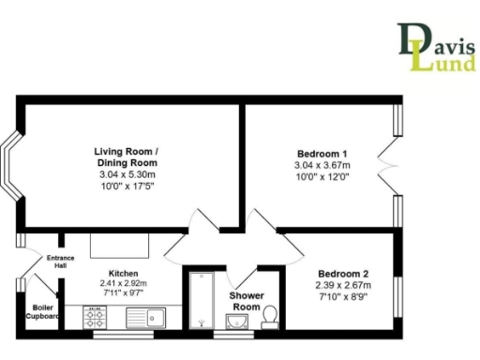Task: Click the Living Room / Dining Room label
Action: pos(130,157)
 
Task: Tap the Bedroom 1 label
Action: pos(322,154)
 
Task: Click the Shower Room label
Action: pos(246,301)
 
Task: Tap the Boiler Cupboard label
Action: pos(44,311)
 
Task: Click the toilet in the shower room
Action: pos(270,316)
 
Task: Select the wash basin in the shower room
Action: pos(233,324)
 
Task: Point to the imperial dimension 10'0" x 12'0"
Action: pos(322,177)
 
